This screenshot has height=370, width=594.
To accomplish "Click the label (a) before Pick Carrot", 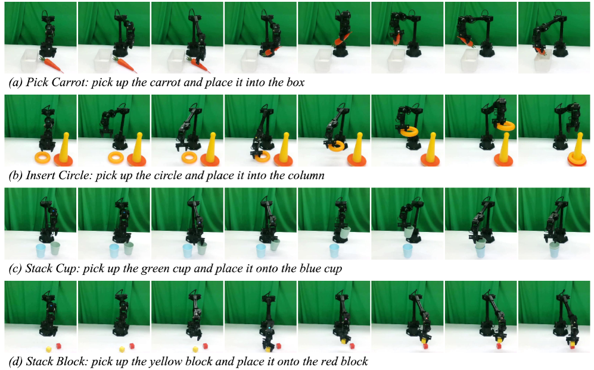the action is pyautogui.click(x=15, y=83).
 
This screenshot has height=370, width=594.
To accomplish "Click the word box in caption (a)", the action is pyautogui.click(x=295, y=83).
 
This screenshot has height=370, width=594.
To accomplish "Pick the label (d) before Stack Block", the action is pyautogui.click(x=15, y=362).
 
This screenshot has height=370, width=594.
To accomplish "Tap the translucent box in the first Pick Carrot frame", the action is pyautogui.click(x=29, y=61).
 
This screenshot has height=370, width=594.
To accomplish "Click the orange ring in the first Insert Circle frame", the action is pyautogui.click(x=42, y=158).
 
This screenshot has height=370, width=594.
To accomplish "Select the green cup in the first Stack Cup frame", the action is pyautogui.click(x=55, y=249).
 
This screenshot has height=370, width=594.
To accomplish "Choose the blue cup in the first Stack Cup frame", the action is pyautogui.click(x=41, y=251).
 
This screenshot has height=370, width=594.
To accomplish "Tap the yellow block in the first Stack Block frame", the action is pyautogui.click(x=48, y=349).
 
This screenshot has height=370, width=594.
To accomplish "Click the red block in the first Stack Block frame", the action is pyautogui.click(x=58, y=346).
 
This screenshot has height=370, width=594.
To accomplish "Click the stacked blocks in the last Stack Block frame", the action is pyautogui.click(x=571, y=343).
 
